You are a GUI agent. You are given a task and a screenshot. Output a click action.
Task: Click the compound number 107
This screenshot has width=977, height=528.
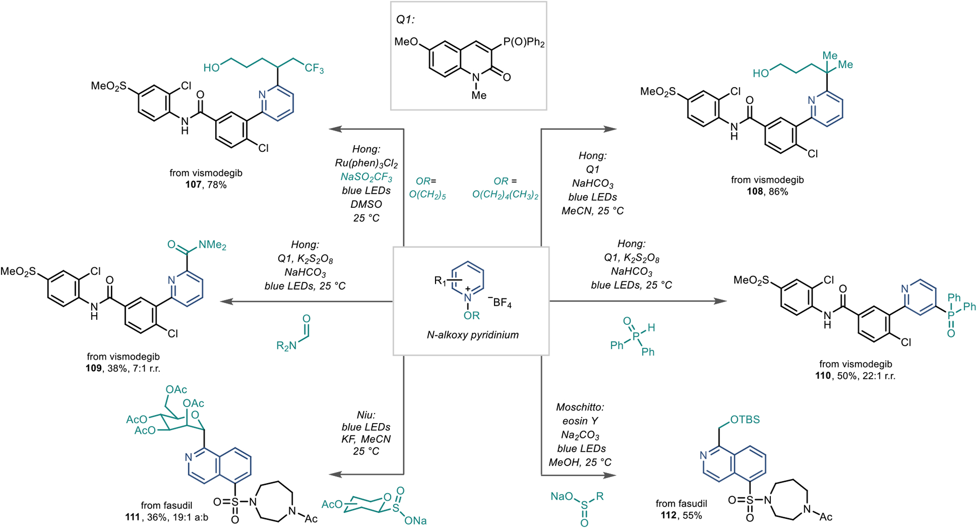click(193, 185)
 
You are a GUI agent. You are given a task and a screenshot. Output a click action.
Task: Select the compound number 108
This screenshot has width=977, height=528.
click(755, 192)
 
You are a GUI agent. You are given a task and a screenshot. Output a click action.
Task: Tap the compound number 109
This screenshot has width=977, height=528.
click(94, 368)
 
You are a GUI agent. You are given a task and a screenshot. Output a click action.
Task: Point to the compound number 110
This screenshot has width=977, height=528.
click(823, 376)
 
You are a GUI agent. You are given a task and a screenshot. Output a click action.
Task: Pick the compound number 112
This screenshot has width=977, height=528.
click(668, 515)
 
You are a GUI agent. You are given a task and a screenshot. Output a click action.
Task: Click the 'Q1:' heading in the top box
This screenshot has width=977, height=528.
click(406, 20)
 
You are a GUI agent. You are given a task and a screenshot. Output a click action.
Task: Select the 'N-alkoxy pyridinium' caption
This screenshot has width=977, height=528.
click(472, 335)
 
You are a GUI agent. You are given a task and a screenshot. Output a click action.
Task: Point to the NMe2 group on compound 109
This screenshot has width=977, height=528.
click(212, 245)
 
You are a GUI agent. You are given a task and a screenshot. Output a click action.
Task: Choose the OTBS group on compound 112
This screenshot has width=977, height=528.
click(745, 420)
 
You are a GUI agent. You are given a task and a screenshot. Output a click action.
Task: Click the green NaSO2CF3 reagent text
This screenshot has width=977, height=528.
click(366, 177)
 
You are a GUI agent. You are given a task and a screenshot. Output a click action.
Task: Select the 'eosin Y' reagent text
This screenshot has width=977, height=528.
click(580, 421)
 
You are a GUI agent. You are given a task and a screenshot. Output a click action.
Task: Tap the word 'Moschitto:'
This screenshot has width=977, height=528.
click(580, 407)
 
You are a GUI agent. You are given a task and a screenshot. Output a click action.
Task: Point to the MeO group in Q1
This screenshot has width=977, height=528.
click(407, 42)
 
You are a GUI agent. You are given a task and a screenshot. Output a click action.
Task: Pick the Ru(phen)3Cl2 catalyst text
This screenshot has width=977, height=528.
click(366, 163)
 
